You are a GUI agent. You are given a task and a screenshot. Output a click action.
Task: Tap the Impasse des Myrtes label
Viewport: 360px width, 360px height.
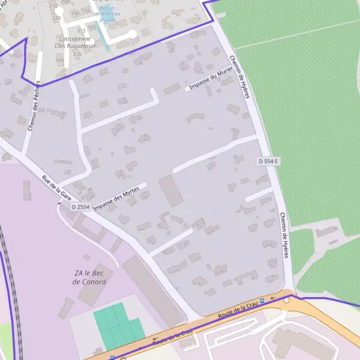pyautogui.click(x=116, y=197)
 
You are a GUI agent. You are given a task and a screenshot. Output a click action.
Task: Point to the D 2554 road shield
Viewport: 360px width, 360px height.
pyautogui.click(x=80, y=207)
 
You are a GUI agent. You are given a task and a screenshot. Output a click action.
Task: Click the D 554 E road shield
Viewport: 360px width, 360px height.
pyautogui.click(x=269, y=161)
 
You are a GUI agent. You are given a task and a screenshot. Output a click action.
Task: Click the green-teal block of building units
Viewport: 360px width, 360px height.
pyautogui.click(x=118, y=326)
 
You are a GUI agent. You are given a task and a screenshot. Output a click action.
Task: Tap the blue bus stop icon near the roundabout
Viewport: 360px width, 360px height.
pyautogui.click(x=263, y=300)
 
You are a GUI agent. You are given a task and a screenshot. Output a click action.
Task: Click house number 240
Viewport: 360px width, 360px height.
pyautogui.click(x=59, y=60)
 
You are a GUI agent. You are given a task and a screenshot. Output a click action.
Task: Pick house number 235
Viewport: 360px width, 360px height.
pyautogui.click(x=77, y=54)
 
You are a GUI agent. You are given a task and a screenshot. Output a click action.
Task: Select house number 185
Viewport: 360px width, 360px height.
pyautogui.click(x=92, y=27)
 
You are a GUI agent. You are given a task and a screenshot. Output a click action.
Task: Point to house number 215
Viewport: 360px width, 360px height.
pyautogui.click(x=81, y=31)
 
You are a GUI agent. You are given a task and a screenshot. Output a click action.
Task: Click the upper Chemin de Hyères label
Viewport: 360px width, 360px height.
pyautogui.click(x=238, y=77)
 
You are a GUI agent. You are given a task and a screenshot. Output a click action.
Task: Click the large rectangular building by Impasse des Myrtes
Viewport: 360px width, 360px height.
pyautogui.click(x=170, y=191)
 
